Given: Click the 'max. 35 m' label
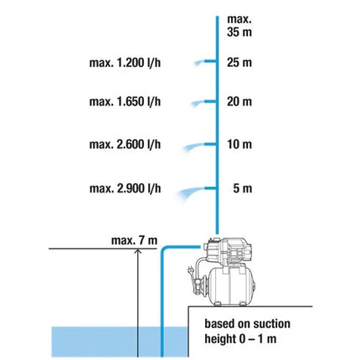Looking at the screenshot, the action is point(239,26).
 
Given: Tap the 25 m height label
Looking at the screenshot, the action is point(239,62).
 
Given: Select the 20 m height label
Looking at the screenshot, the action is point(239,101).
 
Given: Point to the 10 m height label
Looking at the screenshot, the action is point(239,144).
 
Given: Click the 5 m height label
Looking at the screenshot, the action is point(243,188).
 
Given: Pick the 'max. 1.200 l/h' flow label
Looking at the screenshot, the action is point(125,63).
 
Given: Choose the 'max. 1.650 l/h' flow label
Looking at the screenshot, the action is point(125,101).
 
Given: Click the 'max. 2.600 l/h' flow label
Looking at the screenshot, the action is point(125,144).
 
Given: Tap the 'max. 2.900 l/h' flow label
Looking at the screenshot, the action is point(125,188).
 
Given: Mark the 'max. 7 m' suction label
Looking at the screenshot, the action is point(134,240).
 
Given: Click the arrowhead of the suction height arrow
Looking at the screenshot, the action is point(138,251).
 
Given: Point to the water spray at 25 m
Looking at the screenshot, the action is point(199,63).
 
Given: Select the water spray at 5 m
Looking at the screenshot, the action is point(190,192).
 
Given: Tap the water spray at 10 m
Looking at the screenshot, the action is point(193,147).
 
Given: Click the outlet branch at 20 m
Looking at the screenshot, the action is point(210,101).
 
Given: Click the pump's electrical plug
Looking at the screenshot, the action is point(191,270).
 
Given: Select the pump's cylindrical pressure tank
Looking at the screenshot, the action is point(232,286).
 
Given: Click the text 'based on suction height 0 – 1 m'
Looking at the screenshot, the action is point(247,332).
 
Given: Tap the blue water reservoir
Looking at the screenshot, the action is point(120,342).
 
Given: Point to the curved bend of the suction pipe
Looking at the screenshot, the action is point(164,249).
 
